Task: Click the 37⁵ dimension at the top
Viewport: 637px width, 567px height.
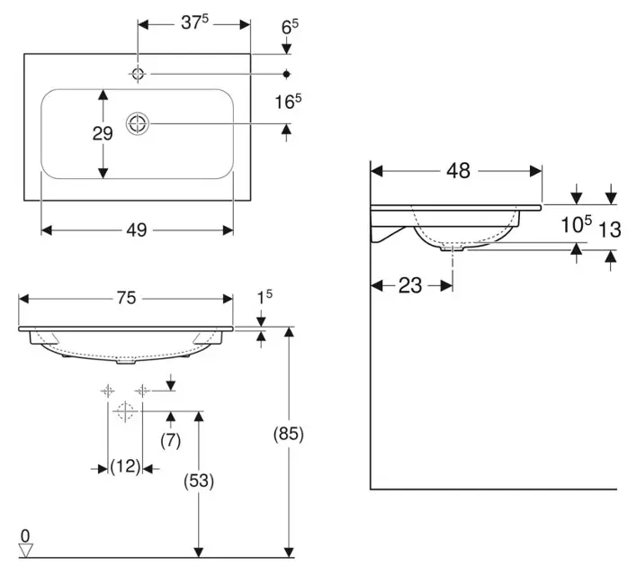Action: (x=194, y=23)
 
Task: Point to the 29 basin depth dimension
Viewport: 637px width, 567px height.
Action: (x=103, y=133)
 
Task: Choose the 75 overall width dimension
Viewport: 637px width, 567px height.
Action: (x=126, y=299)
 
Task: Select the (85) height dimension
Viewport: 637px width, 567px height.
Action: (x=290, y=434)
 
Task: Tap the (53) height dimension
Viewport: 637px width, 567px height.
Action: (x=199, y=481)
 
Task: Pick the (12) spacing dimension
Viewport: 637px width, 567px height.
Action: (x=125, y=466)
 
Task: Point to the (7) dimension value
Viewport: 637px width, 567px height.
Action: (x=171, y=440)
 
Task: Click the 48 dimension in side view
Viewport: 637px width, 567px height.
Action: (x=458, y=171)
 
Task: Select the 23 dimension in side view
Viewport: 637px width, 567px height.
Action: (x=410, y=285)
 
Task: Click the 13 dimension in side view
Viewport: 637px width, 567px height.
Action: (x=610, y=229)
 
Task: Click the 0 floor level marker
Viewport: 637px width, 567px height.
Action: (x=25, y=535)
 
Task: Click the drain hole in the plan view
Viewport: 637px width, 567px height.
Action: (x=139, y=124)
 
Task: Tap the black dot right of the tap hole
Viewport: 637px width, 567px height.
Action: (x=287, y=74)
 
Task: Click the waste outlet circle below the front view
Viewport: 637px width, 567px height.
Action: (x=125, y=411)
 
